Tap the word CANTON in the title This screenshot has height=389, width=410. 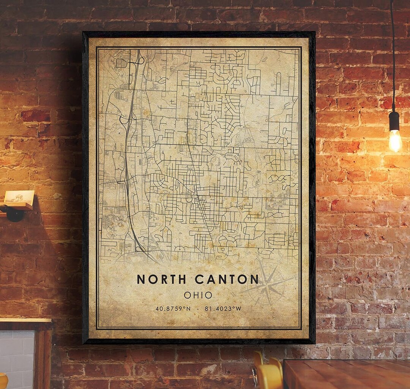click(x=227, y=279)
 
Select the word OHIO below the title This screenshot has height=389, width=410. click(x=198, y=295)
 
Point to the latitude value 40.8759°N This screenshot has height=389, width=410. click(x=173, y=309)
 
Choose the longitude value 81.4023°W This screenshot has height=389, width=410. click(x=223, y=309)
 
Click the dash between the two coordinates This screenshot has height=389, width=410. click(x=198, y=309)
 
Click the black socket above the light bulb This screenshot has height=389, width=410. click(x=394, y=121)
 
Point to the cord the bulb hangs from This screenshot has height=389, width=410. click(x=393, y=57)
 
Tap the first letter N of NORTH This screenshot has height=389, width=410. click(x=141, y=279)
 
